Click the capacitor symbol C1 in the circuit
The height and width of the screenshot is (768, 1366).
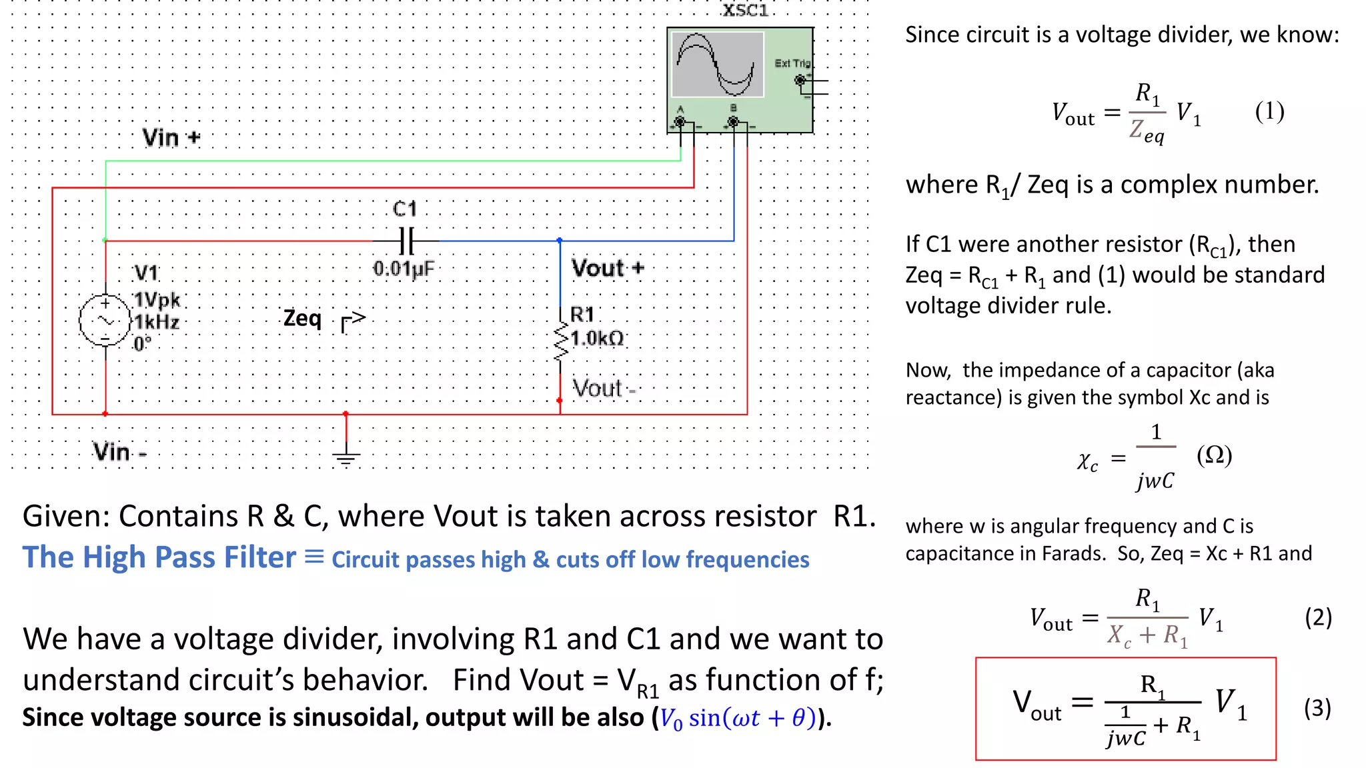tap(407, 241)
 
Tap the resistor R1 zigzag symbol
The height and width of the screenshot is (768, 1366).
tap(561, 341)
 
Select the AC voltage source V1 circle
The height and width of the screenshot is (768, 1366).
tap(105, 321)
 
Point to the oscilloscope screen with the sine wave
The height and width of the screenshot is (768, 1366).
tap(717, 65)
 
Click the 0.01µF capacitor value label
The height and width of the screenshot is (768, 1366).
tap(404, 269)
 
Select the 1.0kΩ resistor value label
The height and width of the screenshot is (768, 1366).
tap(597, 339)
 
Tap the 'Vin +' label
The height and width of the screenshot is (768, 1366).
tap(171, 138)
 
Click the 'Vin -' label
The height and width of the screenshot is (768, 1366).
tap(119, 452)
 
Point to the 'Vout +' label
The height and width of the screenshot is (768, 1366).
tap(608, 269)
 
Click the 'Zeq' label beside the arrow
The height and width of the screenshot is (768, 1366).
tap(302, 318)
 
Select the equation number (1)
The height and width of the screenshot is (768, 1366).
tap(1269, 111)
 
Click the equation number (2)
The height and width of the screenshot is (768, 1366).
tap(1318, 617)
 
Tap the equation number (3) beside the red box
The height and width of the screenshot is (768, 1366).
tap(1317, 708)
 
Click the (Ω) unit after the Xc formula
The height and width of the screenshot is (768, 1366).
tap(1214, 455)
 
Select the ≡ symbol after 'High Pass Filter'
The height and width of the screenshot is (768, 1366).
tap(314, 557)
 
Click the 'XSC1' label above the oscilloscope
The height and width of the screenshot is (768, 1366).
tap(745, 11)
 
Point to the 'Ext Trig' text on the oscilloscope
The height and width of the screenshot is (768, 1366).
tap(792, 63)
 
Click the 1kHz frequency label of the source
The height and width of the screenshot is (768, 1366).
tap(157, 323)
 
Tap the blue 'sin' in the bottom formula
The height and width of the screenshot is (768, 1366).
tap(704, 718)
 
